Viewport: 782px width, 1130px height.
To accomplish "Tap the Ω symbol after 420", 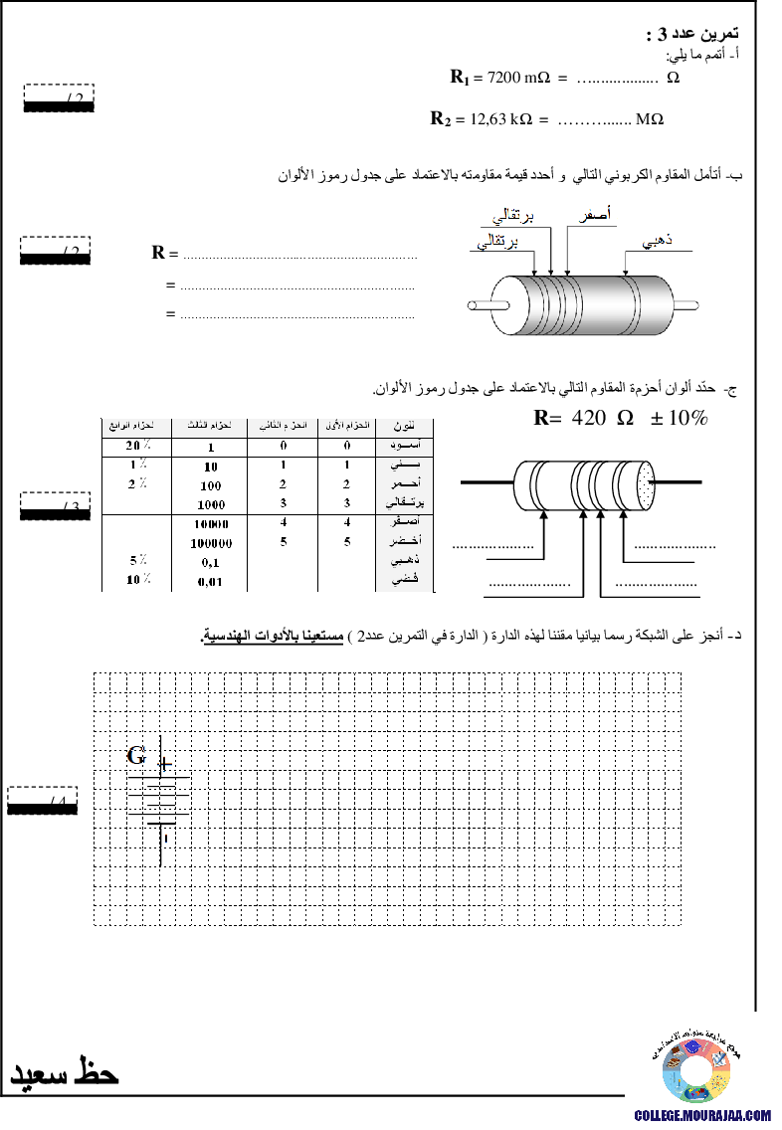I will [625, 419].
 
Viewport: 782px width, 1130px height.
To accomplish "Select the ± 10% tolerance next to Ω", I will [679, 419].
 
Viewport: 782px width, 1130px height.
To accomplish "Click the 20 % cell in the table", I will [137, 447].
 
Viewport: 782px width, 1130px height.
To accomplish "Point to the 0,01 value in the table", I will [210, 581].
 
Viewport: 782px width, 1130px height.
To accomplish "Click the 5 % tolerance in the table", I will [138, 561].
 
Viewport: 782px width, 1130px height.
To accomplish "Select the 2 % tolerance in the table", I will [138, 484].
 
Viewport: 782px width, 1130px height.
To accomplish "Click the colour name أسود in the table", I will [405, 447].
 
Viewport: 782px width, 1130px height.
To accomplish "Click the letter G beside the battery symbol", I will [137, 757].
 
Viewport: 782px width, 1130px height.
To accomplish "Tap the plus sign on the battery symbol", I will [165, 764].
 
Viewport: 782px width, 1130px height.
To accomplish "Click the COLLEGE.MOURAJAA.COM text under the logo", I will [702, 1116].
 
